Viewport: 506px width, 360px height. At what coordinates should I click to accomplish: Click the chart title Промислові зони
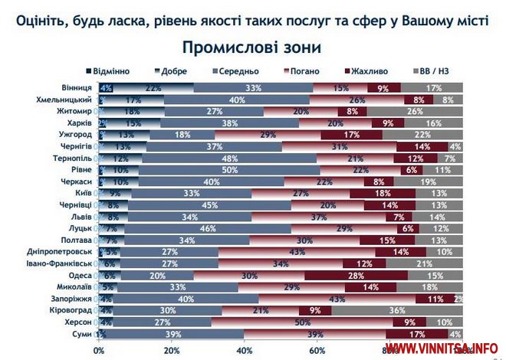tap(252, 47)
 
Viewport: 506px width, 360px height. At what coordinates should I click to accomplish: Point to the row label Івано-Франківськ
tap(61, 263)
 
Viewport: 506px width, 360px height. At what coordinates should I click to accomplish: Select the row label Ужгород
tap(75, 135)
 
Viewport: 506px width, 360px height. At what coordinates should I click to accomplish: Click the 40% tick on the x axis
tap(245, 350)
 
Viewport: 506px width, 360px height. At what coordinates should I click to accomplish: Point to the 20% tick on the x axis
tap(172, 350)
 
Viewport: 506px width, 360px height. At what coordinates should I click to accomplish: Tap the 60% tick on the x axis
tap(317, 350)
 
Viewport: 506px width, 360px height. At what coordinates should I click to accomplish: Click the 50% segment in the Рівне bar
tap(228, 170)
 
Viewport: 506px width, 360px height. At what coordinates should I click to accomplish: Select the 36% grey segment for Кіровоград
tap(397, 310)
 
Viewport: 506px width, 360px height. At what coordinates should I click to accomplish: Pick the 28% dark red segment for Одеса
tap(356, 275)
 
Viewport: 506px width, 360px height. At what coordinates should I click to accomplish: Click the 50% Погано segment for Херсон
tap(296, 322)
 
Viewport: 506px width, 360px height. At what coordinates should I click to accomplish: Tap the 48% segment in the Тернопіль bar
tap(228, 159)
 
